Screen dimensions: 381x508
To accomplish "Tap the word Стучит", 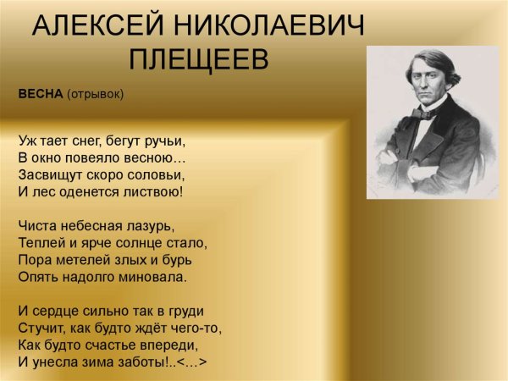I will coord(38,328).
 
